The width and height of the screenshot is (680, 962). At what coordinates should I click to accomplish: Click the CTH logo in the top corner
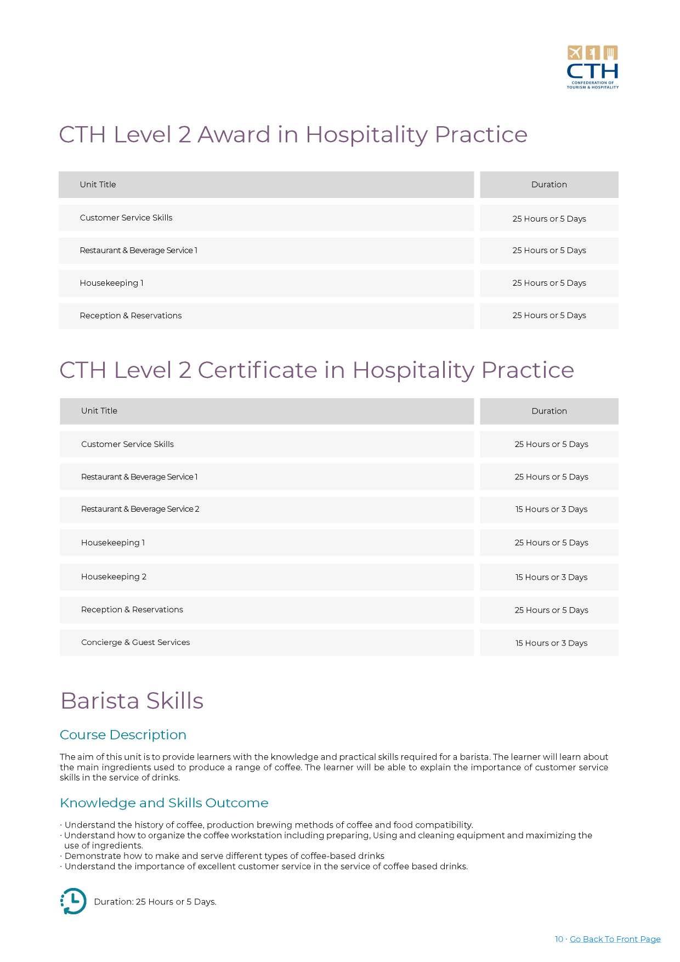click(x=592, y=67)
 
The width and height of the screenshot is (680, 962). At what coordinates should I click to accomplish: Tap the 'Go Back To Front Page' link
click(x=615, y=939)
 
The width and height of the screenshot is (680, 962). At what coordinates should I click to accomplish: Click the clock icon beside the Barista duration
click(x=73, y=901)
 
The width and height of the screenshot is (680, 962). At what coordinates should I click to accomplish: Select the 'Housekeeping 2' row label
click(x=114, y=576)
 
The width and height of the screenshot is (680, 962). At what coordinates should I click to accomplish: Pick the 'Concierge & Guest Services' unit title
click(x=135, y=642)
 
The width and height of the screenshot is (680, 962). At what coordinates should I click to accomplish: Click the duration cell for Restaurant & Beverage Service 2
click(x=551, y=510)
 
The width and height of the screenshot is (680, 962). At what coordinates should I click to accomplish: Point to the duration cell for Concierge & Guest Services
click(x=551, y=643)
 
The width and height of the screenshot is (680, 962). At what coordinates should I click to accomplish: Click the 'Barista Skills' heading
click(x=132, y=701)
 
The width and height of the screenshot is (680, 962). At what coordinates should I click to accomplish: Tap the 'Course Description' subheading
click(x=123, y=735)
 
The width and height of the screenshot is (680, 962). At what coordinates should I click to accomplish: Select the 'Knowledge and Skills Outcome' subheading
click(x=164, y=803)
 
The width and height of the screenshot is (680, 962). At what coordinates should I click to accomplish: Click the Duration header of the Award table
click(x=549, y=185)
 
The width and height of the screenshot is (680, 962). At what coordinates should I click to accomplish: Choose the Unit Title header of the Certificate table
click(x=99, y=411)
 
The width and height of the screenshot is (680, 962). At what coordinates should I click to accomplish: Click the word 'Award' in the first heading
click(x=234, y=135)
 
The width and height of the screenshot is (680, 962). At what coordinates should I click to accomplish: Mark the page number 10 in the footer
click(x=559, y=939)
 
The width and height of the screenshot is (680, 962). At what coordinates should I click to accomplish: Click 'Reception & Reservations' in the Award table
click(x=131, y=316)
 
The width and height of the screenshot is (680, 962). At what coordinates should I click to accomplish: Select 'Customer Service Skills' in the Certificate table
click(x=127, y=444)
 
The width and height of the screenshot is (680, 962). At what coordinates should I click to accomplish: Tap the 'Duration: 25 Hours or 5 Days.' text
click(x=155, y=902)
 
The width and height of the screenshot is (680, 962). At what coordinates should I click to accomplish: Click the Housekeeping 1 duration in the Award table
click(x=549, y=283)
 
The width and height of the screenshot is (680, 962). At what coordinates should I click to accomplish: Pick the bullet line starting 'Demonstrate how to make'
click(x=224, y=856)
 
